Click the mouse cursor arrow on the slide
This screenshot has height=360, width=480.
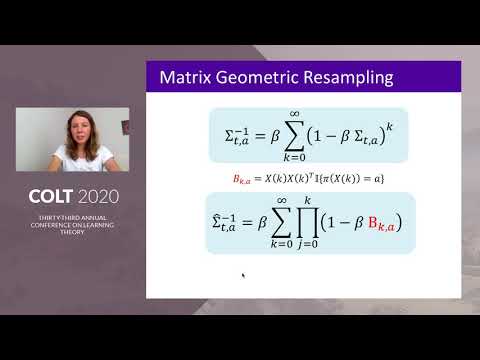tap(243, 276)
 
